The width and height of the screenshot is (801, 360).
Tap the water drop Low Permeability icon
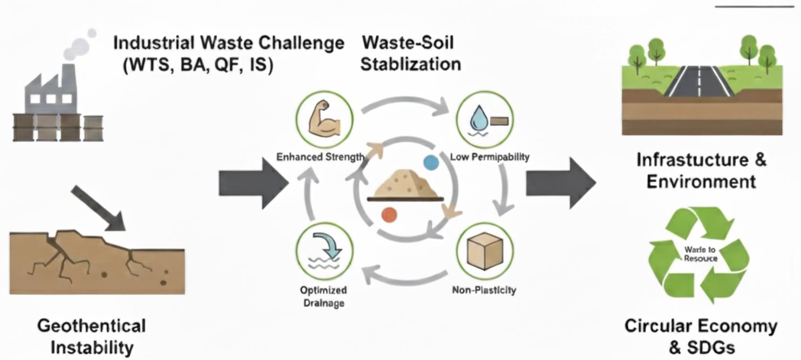click(484, 115)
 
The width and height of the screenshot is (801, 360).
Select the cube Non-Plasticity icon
click(484, 250)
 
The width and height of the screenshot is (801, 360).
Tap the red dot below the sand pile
click(389, 215)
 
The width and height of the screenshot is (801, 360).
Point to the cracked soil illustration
click(97, 259)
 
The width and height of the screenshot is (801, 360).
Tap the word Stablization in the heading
click(410, 64)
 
